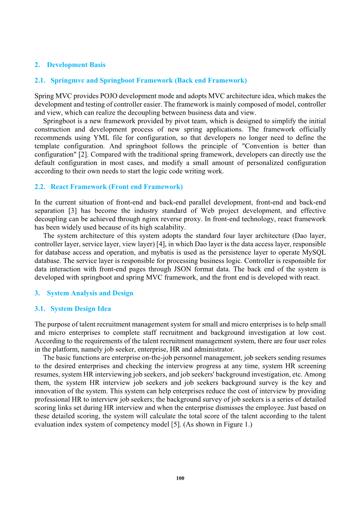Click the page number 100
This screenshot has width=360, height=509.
click(x=180, y=478)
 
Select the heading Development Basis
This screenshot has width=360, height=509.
click(x=76, y=65)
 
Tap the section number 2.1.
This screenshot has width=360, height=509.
click(x=40, y=80)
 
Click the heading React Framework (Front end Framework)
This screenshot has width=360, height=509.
click(x=117, y=187)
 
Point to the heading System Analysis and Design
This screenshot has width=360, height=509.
click(x=90, y=293)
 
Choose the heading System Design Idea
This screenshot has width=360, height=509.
click(x=80, y=309)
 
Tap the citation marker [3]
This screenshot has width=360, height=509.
click(x=72, y=211)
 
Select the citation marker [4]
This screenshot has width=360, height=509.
click(x=161, y=244)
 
